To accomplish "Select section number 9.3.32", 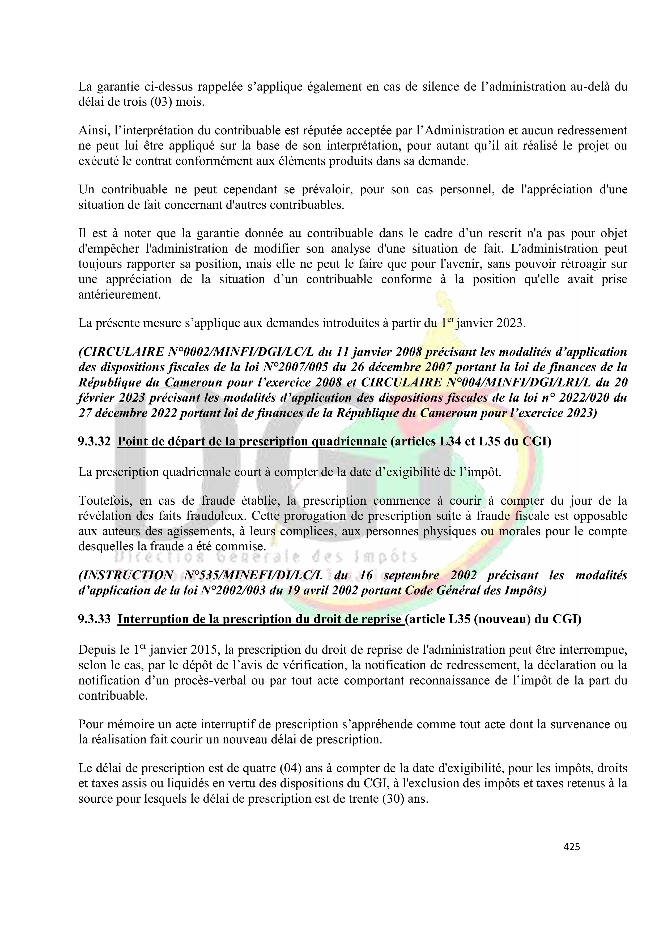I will tap(94, 441).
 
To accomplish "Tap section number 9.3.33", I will tap(94, 619).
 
